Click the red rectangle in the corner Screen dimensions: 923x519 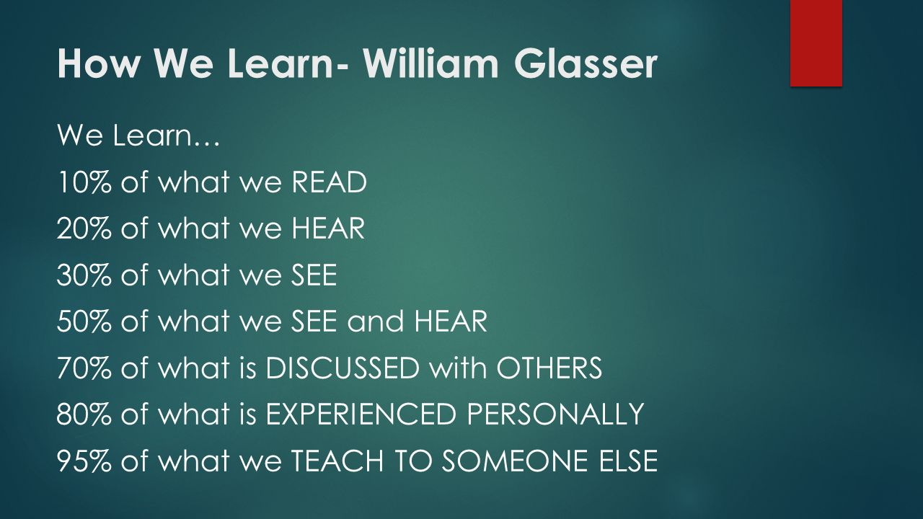pyautogui.click(x=816, y=43)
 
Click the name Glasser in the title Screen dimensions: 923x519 pyautogui.click(x=585, y=63)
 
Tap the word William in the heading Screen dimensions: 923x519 pyautogui.click(x=430, y=63)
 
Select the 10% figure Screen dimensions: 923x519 pyautogui.click(x=84, y=182)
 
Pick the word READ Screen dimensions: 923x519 pyautogui.click(x=330, y=182)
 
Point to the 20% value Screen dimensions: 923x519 pyautogui.click(x=84, y=228)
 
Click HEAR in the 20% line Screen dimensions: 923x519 pyautogui.click(x=328, y=228)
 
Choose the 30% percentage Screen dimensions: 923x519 pyautogui.click(x=84, y=275)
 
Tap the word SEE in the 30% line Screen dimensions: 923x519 pyautogui.click(x=314, y=275)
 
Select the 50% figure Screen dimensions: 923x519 pyautogui.click(x=84, y=321)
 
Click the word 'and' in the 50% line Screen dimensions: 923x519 pyautogui.click(x=376, y=321)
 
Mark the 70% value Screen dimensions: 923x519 pyautogui.click(x=84, y=367)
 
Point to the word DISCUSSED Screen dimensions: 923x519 pyautogui.click(x=343, y=367)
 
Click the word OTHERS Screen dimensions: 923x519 pyautogui.click(x=549, y=367)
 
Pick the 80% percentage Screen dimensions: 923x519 pyautogui.click(x=84, y=414)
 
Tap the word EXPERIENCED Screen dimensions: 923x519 pyautogui.click(x=361, y=414)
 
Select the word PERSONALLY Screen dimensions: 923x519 pyautogui.click(x=555, y=414)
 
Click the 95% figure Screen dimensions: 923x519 pyautogui.click(x=84, y=460)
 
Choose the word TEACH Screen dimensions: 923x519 pyautogui.click(x=337, y=460)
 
